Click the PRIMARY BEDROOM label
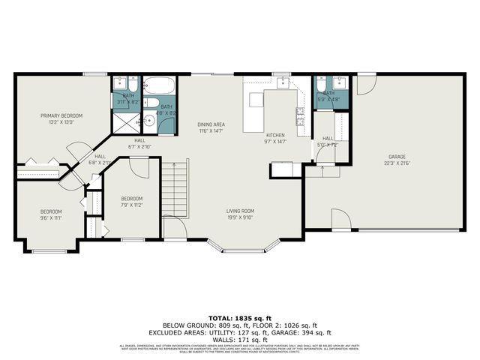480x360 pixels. (61, 115)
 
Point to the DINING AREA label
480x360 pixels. (211, 124)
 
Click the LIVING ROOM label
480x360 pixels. (241, 211)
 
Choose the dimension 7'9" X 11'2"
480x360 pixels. (131, 205)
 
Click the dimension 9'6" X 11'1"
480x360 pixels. (50, 217)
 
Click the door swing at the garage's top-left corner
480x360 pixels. (365, 85)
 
